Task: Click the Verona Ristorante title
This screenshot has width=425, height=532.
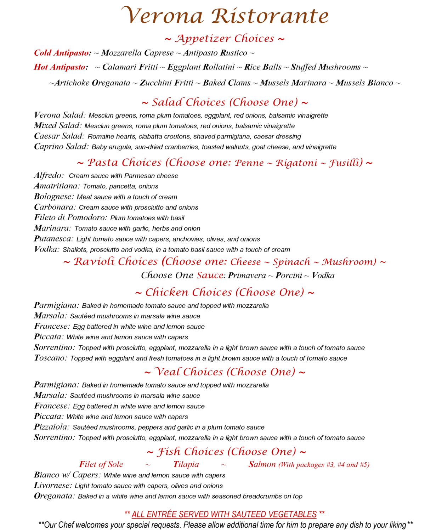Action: (x=225, y=16)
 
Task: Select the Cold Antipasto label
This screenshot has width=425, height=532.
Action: (x=62, y=53)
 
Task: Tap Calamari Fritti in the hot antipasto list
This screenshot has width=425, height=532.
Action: (x=130, y=67)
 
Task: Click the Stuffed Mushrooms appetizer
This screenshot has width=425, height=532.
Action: (x=325, y=67)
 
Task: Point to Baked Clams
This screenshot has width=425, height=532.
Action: (x=227, y=83)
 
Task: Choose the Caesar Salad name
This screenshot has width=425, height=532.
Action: (x=59, y=136)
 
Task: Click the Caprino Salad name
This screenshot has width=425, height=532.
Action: (x=61, y=147)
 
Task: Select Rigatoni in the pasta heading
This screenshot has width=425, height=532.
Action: (x=297, y=163)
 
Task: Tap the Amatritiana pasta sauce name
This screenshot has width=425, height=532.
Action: (x=57, y=186)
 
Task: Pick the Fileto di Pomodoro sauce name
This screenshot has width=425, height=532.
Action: (x=70, y=218)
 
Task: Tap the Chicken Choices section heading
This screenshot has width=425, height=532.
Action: (x=225, y=293)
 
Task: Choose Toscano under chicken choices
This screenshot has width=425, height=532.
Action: (x=50, y=358)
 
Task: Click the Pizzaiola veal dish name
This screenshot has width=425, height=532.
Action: (x=52, y=427)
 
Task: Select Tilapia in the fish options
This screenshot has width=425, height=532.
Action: (x=186, y=464)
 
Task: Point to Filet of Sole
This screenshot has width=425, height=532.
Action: (x=101, y=464)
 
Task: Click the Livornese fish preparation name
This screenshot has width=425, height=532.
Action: (x=53, y=486)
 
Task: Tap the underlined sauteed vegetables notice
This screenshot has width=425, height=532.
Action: (x=224, y=514)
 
